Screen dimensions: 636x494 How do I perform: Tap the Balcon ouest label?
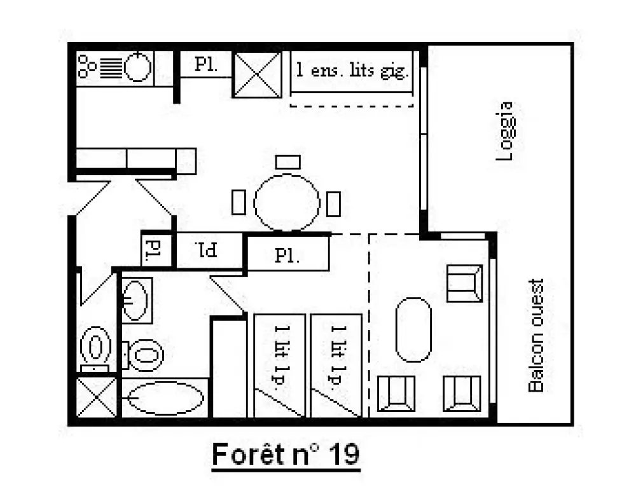tap(536, 336)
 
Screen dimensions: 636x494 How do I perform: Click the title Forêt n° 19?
tap(286, 453)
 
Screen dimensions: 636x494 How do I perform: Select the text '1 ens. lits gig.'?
tap(351, 71)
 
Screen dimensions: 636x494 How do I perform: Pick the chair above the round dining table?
tap(288, 162)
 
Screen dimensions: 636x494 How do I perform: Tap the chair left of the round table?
tap(238, 202)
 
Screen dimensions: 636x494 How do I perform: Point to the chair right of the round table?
tap(333, 203)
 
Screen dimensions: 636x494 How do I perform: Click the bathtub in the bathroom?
tap(165, 398)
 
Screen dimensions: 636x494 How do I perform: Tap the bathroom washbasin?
tap(135, 301)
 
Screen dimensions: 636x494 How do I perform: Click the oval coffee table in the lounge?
tap(413, 330)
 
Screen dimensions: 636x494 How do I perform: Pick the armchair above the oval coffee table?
tap(465, 284)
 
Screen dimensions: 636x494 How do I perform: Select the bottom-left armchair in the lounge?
tap(396, 394)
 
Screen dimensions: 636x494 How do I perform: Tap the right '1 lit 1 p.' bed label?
tap(338, 355)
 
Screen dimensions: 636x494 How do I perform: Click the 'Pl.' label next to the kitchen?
tap(206, 64)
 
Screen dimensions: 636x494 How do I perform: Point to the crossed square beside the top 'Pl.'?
tap(257, 74)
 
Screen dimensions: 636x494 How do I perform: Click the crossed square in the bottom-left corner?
tap(97, 397)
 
